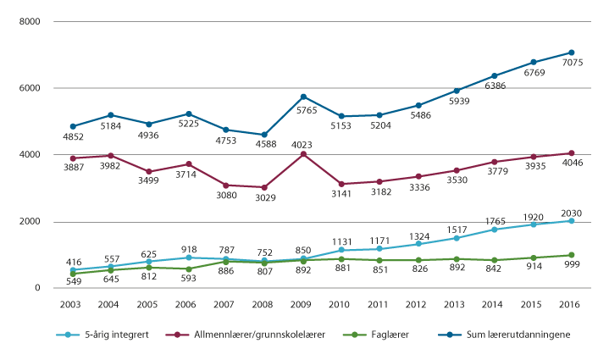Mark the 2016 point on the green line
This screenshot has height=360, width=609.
(572, 255)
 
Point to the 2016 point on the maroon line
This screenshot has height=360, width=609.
(572, 153)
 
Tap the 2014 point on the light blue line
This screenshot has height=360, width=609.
(495, 230)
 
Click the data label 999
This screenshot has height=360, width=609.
(572, 266)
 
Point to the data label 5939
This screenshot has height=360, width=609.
(457, 102)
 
